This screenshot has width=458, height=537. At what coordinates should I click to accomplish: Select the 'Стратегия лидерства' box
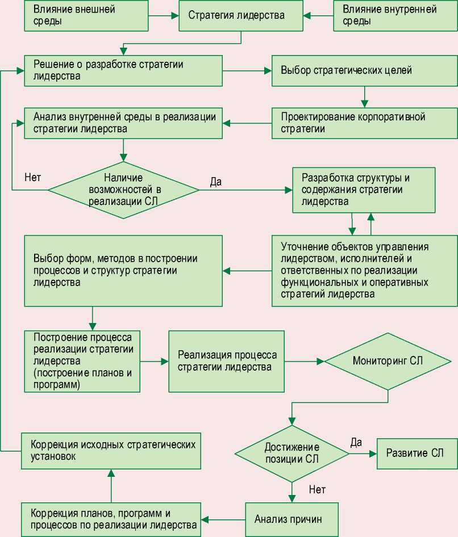(x=241, y=15)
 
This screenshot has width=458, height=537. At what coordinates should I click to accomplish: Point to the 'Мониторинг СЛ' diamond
(x=388, y=361)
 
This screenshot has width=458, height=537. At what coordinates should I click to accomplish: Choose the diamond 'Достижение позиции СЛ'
(x=292, y=452)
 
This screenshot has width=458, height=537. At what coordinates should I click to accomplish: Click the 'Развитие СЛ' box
(x=417, y=453)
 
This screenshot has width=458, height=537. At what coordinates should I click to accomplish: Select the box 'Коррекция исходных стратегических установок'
(x=111, y=451)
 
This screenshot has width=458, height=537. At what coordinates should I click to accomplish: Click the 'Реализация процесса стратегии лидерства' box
(x=226, y=361)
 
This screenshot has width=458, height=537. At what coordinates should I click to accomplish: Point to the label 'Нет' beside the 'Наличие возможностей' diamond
(x=32, y=176)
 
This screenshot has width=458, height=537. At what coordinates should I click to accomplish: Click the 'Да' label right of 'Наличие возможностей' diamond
(x=216, y=182)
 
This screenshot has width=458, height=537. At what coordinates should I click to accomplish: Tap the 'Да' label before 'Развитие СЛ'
(x=356, y=442)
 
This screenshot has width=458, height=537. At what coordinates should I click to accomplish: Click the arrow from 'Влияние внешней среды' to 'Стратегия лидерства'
(x=162, y=15)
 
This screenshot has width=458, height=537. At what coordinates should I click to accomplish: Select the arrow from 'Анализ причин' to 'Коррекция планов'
(x=224, y=519)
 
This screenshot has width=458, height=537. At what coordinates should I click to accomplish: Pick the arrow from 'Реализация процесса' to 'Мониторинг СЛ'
(x=304, y=361)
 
